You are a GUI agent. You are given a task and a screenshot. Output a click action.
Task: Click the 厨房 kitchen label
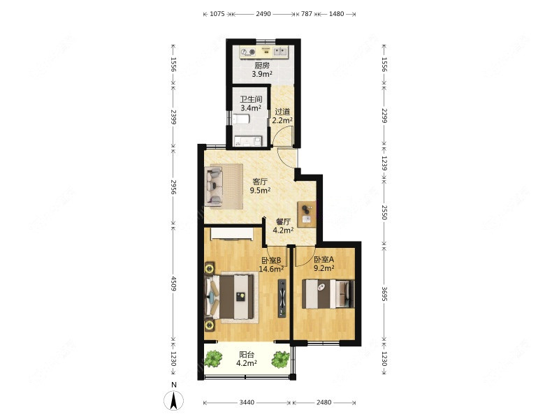coord(261,66)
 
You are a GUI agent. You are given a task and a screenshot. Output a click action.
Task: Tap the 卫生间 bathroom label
coord(251,99)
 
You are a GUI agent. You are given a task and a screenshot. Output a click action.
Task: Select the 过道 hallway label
coord(282,112)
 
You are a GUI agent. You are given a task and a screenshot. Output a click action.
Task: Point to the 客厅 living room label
coord(260,182)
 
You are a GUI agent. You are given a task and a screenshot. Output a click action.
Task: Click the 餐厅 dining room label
coord(283,221)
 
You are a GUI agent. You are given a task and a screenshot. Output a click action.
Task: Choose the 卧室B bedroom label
coord(271,260)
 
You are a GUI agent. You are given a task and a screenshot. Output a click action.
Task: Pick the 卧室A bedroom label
coord(324,259)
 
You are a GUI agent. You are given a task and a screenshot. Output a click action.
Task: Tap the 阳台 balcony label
coord(247,355)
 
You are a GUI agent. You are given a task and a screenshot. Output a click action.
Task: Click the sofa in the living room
coord(215,186)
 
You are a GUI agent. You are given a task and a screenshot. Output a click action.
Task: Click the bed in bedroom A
coord(328,294)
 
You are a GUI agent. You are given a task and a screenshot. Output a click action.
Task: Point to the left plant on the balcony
coord(214,359)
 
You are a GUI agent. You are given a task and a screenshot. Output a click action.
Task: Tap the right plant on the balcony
coord(281,360)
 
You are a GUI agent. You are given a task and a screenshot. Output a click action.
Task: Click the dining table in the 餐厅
coord(307,214)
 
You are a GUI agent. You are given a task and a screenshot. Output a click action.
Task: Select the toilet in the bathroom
coord(240,119)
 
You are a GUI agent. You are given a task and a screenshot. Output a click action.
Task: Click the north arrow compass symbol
coord(173,400)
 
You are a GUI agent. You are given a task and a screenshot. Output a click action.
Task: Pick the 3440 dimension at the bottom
coord(247,403)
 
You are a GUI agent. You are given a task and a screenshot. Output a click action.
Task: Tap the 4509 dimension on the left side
coord(173,284)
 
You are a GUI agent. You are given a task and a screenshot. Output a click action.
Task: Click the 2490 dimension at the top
coord(263,14)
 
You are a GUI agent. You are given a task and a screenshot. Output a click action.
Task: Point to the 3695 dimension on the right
coord(384,293)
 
